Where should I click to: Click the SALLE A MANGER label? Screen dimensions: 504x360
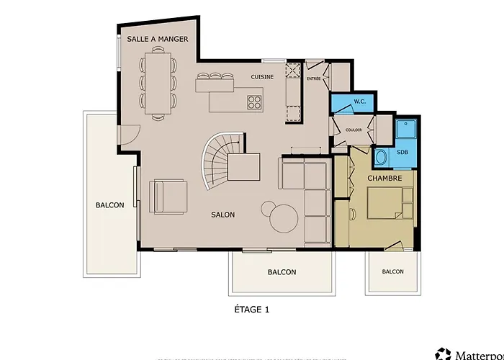pos(158,39)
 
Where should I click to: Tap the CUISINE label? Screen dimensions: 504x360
pos(262,77)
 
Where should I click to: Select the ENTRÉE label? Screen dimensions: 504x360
pos(314,78)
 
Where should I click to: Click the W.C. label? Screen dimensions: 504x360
pos(360,102)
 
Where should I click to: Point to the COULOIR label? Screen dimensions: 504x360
pos(354,130)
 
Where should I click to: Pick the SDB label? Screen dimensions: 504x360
pos(402,152)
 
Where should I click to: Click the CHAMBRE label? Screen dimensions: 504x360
pos(384,178)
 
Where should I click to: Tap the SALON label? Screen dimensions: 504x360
pos(222,215)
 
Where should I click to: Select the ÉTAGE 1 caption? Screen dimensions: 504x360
pos(252,310)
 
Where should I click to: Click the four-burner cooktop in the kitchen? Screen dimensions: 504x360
pos(254,102)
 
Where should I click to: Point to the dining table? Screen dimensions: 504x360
pos(158,84)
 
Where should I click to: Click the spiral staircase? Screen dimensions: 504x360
pos(222,161)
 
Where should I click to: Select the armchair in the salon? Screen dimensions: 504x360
pos(168,197)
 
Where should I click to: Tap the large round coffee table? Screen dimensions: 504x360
pos(284,219)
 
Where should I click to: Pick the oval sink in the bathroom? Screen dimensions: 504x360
pos(381,158)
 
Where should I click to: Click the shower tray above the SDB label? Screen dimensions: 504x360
pos(406,129)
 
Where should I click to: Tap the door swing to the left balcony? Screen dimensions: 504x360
pos(131,135)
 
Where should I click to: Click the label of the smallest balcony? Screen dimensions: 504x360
pos(393,271)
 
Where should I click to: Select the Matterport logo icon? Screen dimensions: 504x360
pos(444,354)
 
